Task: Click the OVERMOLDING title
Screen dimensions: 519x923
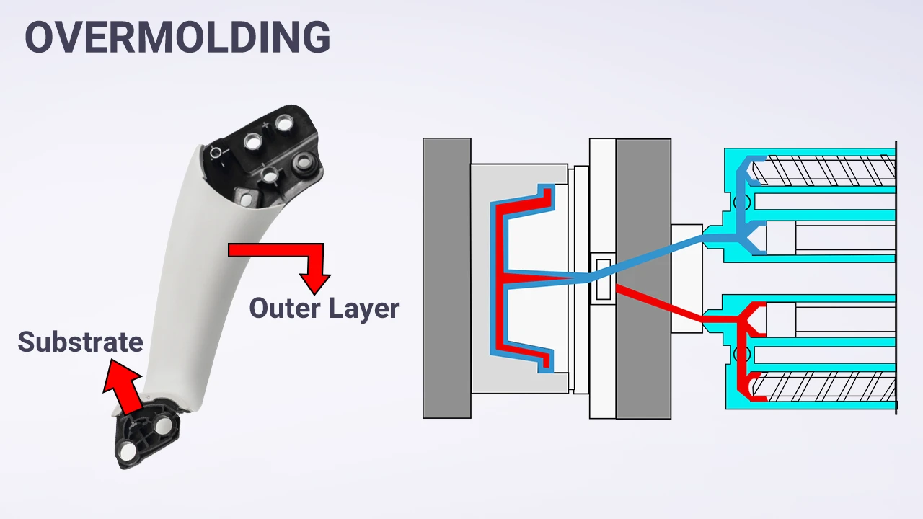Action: click(177, 37)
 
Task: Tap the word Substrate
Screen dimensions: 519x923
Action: click(80, 342)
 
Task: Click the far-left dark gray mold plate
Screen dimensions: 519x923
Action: click(446, 278)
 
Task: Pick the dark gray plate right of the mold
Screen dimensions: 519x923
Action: click(643, 278)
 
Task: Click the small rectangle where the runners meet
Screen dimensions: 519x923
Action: click(601, 278)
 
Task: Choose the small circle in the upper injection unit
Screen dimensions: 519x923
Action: click(741, 203)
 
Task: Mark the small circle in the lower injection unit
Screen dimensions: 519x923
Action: click(741, 355)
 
